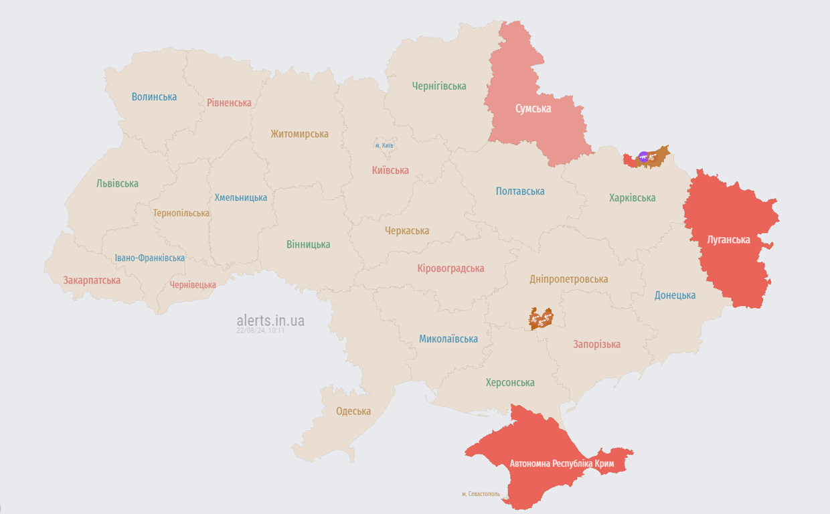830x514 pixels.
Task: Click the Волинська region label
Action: point(154,96)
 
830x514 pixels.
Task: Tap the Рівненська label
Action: point(229,102)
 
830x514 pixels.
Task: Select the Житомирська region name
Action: point(299,133)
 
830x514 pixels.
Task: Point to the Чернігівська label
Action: point(439,86)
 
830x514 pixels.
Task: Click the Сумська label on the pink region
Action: point(533,108)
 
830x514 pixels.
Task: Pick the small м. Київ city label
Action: point(384,145)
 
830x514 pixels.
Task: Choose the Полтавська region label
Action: point(520,191)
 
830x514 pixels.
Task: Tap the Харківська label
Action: point(632,197)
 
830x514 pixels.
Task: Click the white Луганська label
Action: point(728,239)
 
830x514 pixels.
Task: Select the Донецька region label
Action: point(675,295)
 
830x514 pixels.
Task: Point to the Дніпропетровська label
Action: point(568,279)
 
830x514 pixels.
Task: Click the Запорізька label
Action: point(596,344)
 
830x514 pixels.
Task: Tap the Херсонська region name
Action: point(510,382)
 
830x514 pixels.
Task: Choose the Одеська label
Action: point(353,411)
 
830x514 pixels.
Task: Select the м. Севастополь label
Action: point(481,494)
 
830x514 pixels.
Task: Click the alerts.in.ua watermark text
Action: point(270,321)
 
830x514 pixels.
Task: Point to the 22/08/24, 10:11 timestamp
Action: point(260,331)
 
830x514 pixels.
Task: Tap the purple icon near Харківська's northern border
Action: point(643,157)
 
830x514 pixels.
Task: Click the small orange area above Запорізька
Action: point(541,319)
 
